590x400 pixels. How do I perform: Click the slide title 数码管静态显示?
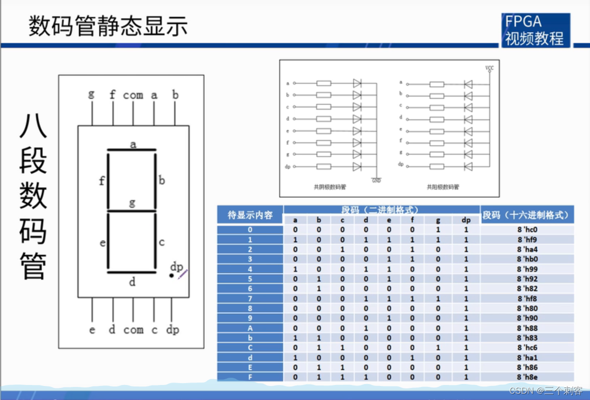pos(108,26)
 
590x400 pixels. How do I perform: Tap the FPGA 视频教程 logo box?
pos(535,30)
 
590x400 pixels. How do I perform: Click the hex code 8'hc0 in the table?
pos(527,230)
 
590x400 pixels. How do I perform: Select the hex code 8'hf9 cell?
pos(527,240)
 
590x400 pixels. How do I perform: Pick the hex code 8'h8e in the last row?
pos(527,377)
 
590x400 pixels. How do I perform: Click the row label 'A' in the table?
pos(250,328)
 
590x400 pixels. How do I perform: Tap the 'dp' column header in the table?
pos(466,220)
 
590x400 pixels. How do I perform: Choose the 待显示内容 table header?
pos(250,215)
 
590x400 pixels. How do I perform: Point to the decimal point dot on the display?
pos(171,276)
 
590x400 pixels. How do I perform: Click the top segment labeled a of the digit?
pos(132,150)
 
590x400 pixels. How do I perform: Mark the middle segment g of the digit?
pos(132,211)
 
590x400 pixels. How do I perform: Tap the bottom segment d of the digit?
pos(132,272)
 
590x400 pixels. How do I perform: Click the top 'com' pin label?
pos(133,95)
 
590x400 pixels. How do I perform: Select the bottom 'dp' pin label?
pos(172,330)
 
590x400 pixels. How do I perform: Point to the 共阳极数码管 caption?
pos(442,187)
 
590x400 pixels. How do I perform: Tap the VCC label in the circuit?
pos(489,68)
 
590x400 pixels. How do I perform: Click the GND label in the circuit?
pos(376,180)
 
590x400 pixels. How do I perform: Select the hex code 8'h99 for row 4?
pos(527,269)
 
